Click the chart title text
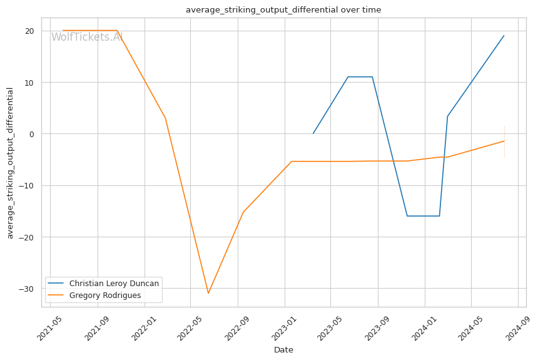point(283,9)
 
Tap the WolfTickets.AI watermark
point(87,37)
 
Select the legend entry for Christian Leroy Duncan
point(103,284)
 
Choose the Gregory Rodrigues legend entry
point(94,295)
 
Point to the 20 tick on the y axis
point(29,31)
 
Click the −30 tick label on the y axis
point(26,289)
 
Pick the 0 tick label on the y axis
point(32,134)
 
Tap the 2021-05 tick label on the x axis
point(50,329)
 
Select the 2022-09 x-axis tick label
point(238,329)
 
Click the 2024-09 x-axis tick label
point(518,329)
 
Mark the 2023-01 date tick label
point(285,329)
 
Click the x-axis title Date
point(283,350)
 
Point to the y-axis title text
point(10,163)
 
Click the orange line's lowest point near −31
point(208,293)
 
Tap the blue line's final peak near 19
point(504,36)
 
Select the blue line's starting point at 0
point(313,133)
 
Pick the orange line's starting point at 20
point(63,31)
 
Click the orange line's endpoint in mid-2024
point(504,141)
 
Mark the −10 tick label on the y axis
point(26,185)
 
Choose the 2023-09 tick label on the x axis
point(378,329)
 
